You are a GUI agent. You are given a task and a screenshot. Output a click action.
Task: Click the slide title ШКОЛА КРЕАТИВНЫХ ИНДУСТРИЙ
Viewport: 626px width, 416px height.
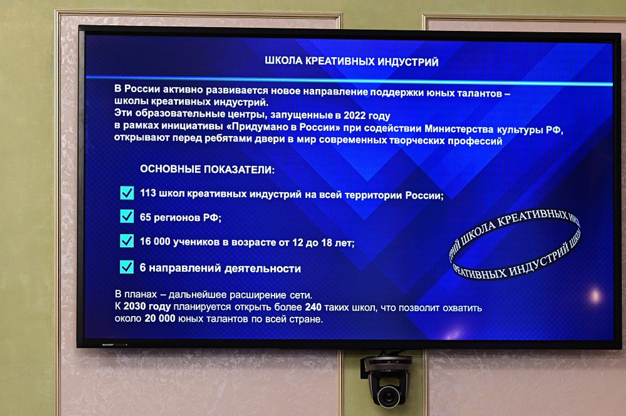click(351, 61)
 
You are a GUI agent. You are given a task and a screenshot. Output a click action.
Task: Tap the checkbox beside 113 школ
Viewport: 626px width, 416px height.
click(127, 193)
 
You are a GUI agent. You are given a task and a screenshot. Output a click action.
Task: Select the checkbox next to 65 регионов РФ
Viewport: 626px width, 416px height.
click(127, 216)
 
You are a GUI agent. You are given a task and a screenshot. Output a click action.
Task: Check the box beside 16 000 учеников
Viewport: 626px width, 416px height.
click(127, 241)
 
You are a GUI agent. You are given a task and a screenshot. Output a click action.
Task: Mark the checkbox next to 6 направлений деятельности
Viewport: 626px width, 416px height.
click(127, 267)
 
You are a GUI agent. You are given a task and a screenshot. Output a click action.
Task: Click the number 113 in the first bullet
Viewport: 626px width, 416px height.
click(148, 193)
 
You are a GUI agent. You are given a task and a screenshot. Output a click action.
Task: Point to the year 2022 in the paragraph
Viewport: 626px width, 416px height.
click(354, 116)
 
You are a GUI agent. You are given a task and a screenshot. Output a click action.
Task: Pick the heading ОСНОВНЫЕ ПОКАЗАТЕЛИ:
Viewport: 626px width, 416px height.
click(207, 170)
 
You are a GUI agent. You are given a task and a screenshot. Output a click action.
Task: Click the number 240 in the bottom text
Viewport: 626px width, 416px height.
click(313, 307)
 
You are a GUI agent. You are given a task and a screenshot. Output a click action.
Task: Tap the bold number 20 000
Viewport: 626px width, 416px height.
click(160, 318)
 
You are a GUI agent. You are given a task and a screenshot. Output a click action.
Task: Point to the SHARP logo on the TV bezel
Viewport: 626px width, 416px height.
click(108, 345)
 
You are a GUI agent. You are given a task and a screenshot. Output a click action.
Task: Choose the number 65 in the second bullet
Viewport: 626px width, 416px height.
click(145, 217)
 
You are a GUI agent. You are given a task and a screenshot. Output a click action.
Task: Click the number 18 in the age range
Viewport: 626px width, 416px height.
click(327, 243)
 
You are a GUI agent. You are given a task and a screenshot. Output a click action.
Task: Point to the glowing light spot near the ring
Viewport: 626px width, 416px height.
click(595, 295)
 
